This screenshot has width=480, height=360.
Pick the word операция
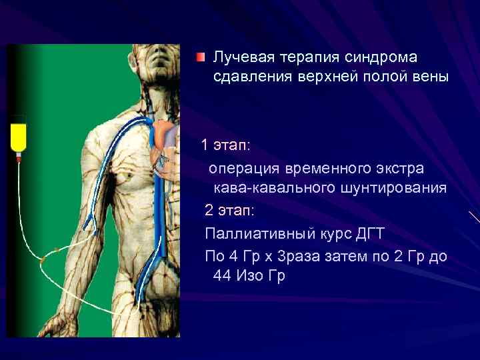point(244,167)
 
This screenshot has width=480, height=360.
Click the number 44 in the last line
point(223,275)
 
